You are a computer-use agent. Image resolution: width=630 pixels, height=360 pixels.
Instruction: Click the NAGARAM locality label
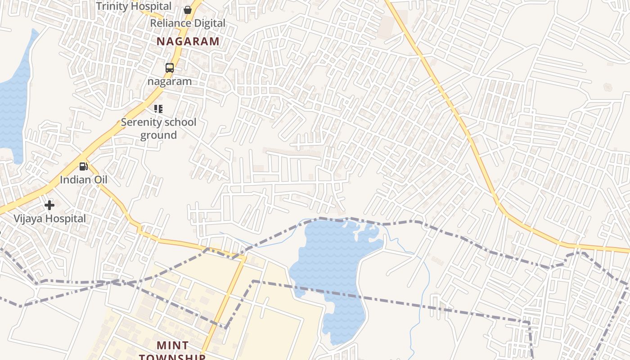[188, 41]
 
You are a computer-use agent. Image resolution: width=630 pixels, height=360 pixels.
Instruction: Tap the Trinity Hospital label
[134, 6]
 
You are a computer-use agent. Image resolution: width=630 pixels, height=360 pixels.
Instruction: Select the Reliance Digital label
[188, 23]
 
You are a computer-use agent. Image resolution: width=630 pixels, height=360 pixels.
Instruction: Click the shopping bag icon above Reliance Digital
[188, 9]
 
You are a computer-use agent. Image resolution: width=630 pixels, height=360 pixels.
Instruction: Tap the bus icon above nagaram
[170, 68]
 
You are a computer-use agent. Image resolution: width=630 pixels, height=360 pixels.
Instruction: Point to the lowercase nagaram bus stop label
[170, 81]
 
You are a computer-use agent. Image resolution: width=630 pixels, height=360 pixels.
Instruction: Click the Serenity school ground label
[158, 128]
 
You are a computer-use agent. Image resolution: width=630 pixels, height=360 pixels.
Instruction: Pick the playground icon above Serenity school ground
[158, 109]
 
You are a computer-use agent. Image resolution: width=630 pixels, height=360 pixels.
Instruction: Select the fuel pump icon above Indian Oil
[83, 166]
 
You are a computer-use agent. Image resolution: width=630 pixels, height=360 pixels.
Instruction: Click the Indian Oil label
[84, 180]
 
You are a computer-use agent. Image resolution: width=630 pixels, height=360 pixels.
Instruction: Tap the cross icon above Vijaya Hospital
[49, 206]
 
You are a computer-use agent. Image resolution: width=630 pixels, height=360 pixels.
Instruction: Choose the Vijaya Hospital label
[49, 219]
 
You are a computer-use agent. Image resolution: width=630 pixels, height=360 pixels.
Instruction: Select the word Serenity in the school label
[139, 122]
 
